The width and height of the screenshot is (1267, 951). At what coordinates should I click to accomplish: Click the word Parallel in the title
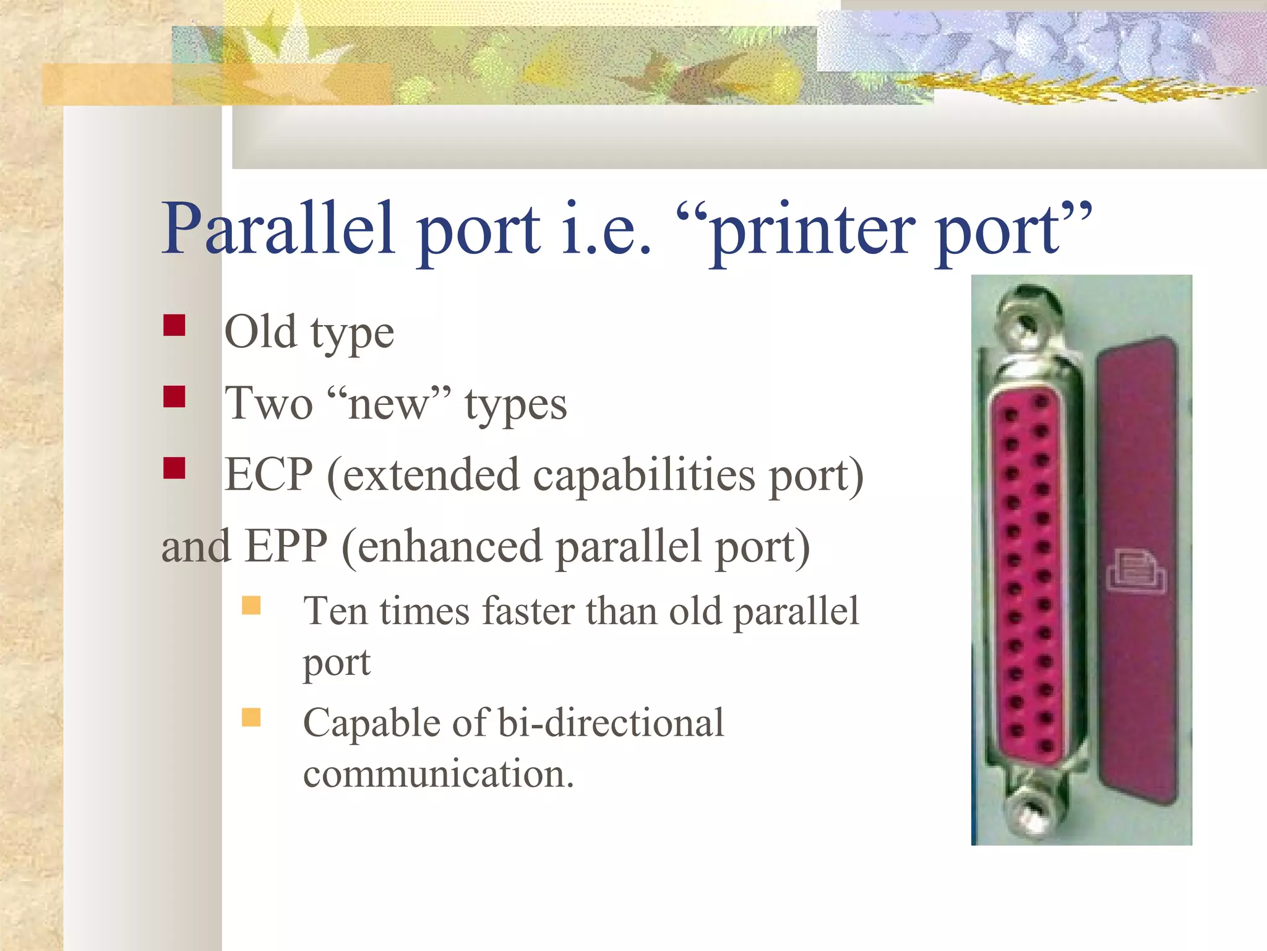tap(278, 229)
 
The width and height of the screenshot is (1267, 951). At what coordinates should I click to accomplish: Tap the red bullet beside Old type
tap(174, 326)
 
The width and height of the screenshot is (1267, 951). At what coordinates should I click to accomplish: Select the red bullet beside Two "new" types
tap(174, 397)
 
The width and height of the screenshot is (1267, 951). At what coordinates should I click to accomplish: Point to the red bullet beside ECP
tap(174, 468)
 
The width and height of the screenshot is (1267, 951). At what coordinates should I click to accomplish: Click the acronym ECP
tap(268, 475)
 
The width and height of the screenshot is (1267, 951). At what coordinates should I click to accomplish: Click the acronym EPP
tap(285, 547)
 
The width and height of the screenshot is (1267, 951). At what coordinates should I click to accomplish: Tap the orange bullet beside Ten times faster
tap(251, 605)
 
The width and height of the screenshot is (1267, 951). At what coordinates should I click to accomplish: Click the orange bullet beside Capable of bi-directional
tap(251, 717)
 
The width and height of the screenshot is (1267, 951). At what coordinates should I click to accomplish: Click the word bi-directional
tap(610, 723)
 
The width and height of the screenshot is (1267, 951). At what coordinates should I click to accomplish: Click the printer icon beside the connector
tap(1135, 571)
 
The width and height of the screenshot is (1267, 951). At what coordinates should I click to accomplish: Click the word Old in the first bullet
tap(260, 332)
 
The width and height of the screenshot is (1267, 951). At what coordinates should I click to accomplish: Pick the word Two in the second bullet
tap(268, 404)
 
